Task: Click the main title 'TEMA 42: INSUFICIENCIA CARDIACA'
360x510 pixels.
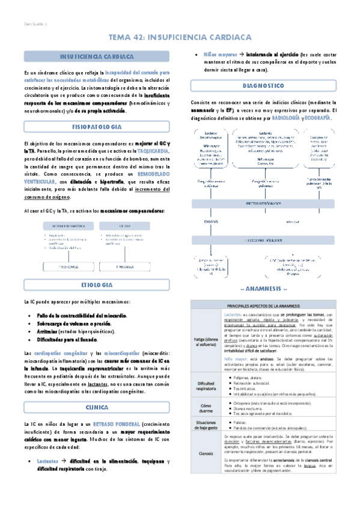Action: tap(180, 37)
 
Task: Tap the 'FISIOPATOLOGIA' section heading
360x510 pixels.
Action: tap(96, 127)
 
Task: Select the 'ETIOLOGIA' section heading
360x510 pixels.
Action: tap(96, 283)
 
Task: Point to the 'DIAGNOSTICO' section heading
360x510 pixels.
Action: tap(263, 85)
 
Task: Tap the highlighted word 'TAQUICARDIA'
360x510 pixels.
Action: tap(153, 151)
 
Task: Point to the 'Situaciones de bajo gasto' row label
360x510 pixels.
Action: tap(206, 428)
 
